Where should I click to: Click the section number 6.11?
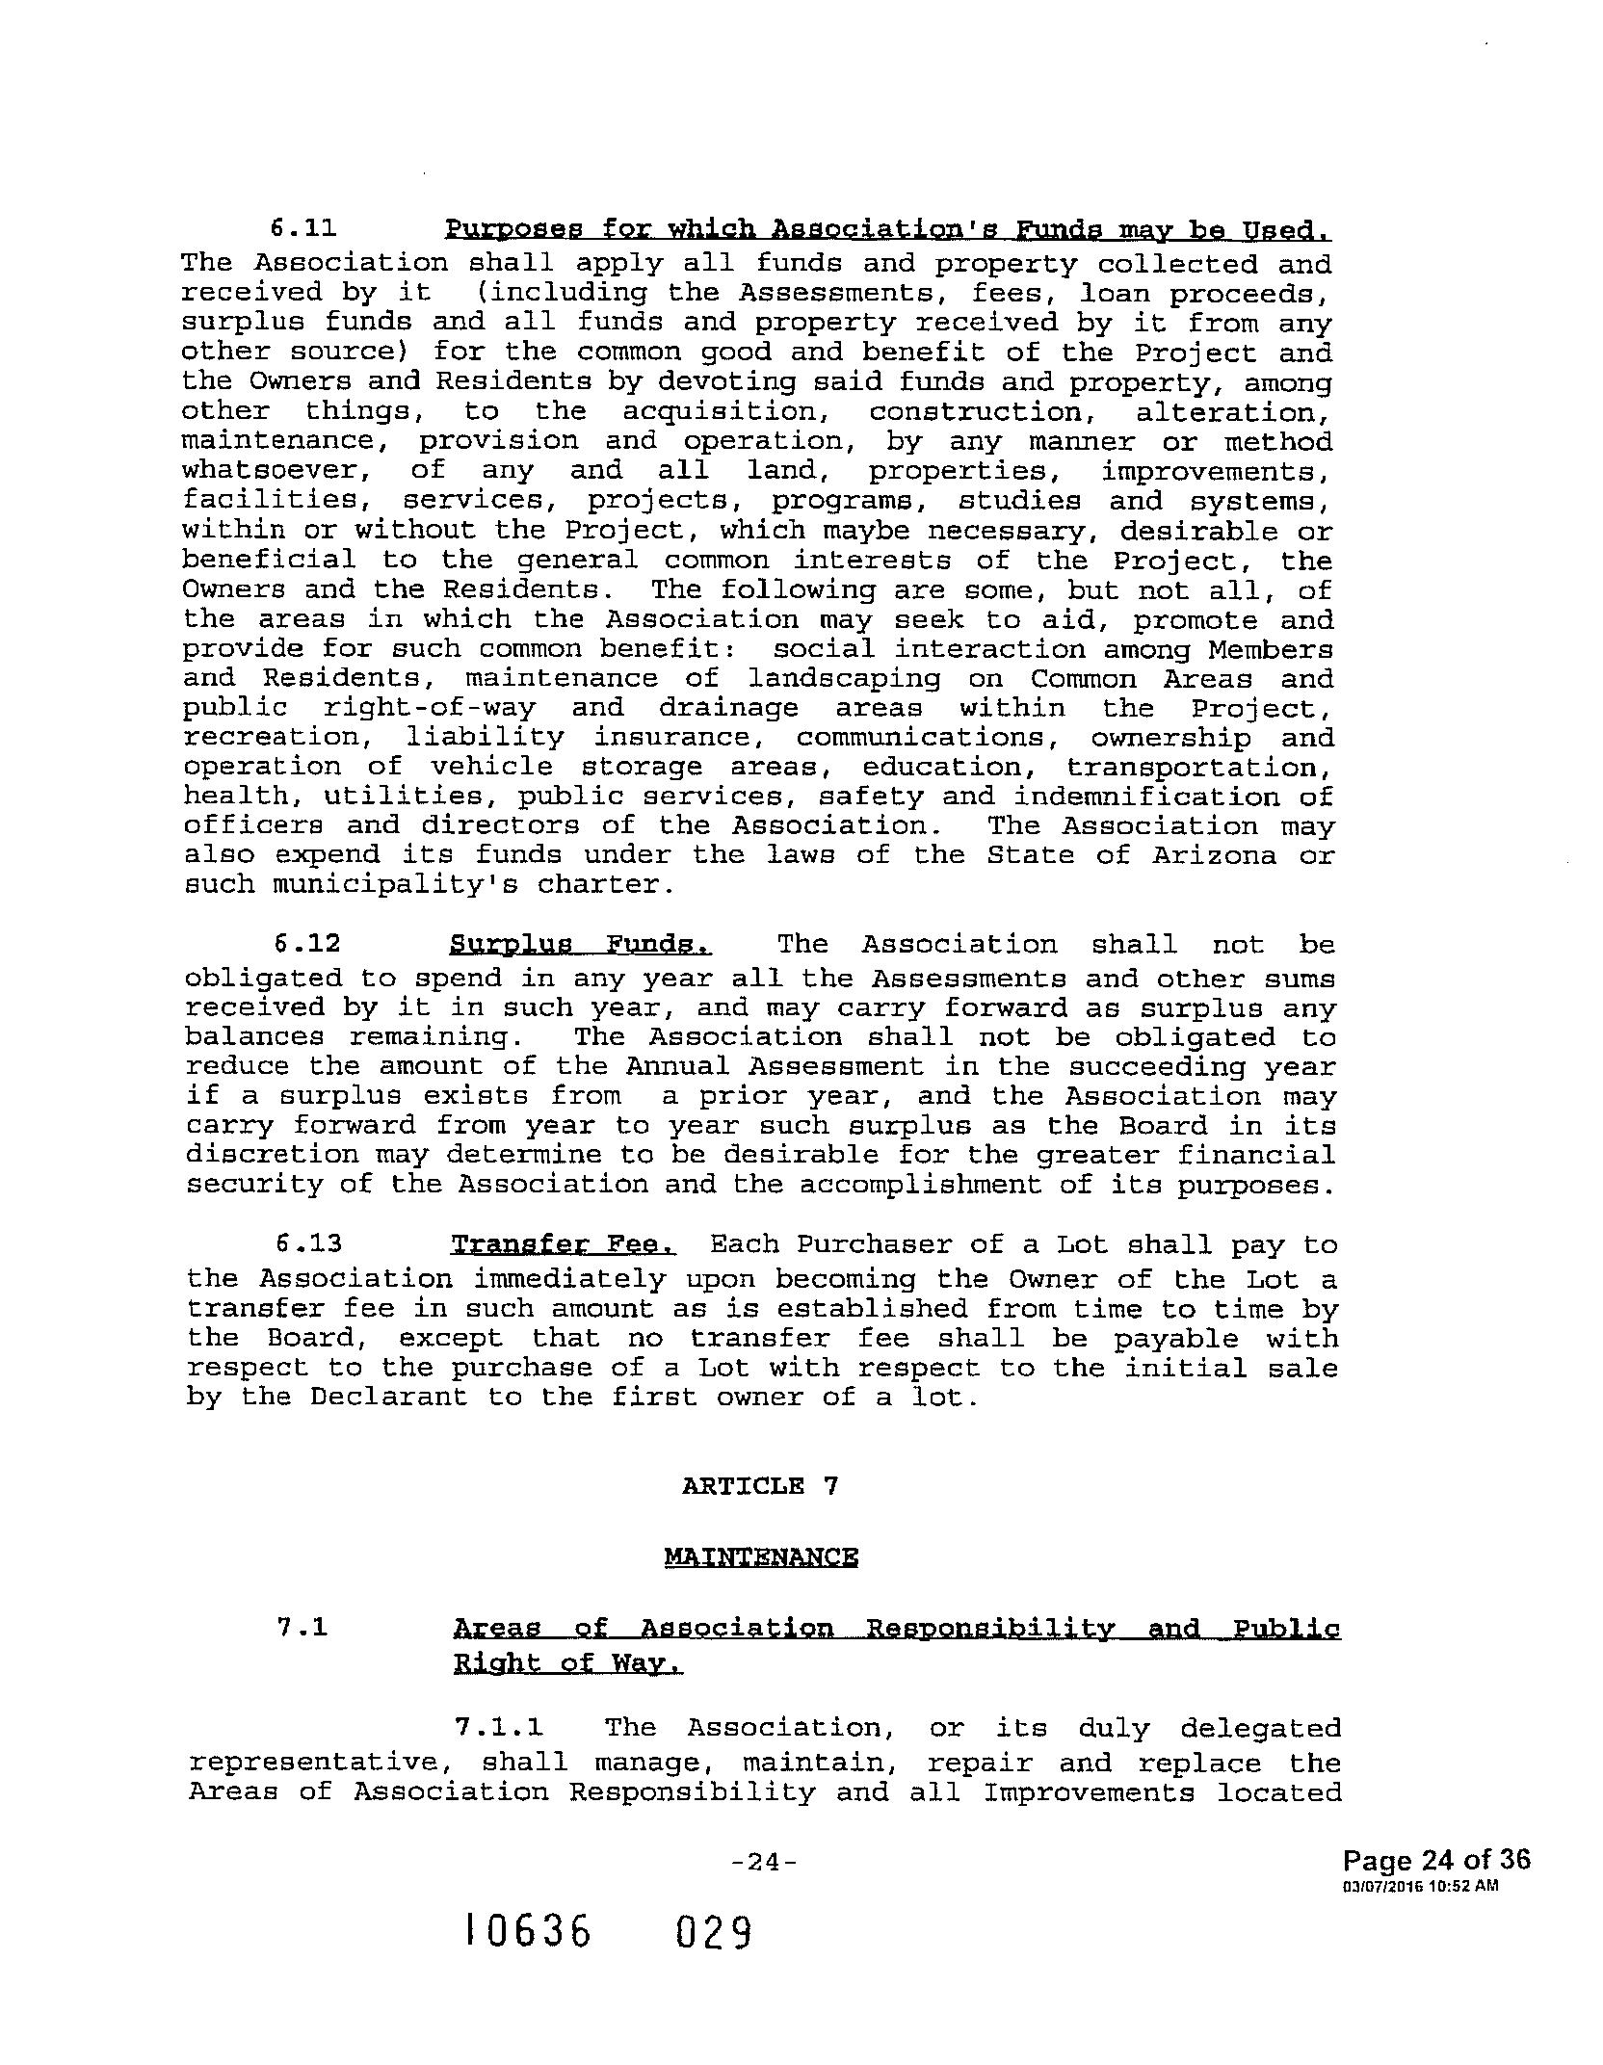point(303,228)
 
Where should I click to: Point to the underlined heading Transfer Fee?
point(565,1243)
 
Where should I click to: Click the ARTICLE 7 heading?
point(760,1485)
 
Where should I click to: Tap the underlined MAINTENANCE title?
point(761,1557)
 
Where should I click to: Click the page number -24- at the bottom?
point(764,1890)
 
